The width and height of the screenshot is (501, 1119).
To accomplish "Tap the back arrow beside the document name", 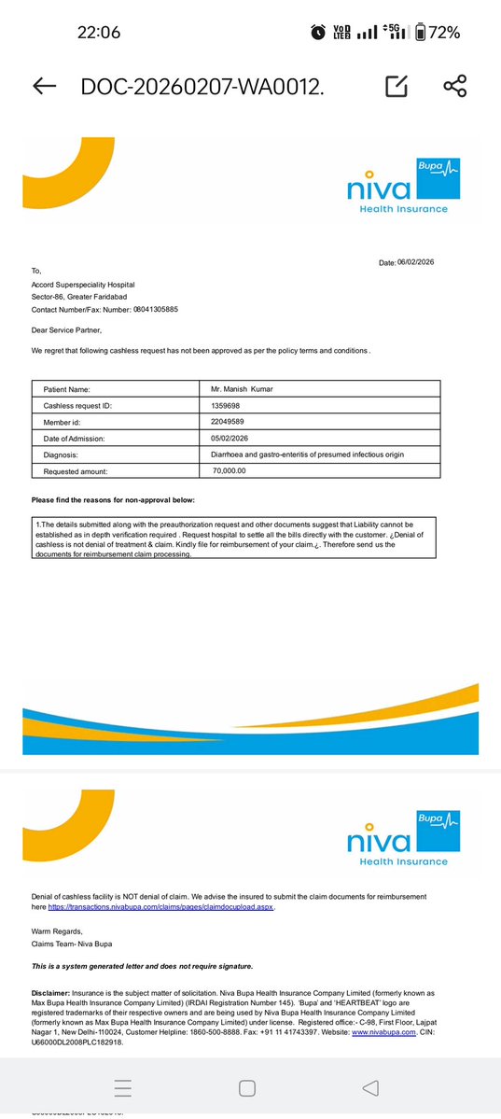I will click(x=44, y=87).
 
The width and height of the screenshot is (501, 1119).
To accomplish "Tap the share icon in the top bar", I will click(x=455, y=87).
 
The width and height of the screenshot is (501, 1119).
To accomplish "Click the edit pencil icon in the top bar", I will click(x=397, y=87).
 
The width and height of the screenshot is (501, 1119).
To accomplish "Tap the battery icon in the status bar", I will click(x=420, y=32).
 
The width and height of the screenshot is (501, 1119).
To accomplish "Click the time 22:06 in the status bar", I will click(x=98, y=32).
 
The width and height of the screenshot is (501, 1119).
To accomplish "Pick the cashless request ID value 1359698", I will click(x=227, y=406).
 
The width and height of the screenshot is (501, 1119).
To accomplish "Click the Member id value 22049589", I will click(x=228, y=422).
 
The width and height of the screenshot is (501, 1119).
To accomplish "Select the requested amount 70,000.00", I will click(x=230, y=471).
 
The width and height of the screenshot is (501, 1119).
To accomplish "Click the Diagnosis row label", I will click(x=63, y=455).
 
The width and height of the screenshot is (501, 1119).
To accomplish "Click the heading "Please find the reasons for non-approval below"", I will click(x=113, y=501).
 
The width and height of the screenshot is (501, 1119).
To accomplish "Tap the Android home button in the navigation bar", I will click(x=247, y=1087).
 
